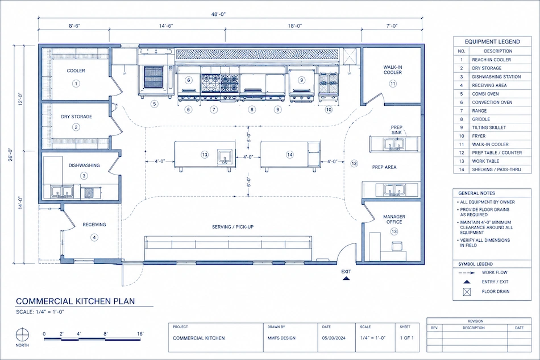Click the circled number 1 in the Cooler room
point(76,84)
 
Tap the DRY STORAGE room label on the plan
point(77,117)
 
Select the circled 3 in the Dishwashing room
point(84,176)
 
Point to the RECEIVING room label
point(94,225)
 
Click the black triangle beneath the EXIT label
point(346,278)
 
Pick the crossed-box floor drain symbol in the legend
point(467,292)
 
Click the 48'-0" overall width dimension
point(218,14)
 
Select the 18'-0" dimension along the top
point(295,26)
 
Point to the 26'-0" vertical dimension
point(11,155)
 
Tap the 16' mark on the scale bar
point(140,334)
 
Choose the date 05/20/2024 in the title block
point(334,338)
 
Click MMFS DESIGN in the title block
point(281,338)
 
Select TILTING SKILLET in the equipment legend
point(489,127)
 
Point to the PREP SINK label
point(396,130)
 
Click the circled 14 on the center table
point(290,155)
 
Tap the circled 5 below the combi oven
point(154,104)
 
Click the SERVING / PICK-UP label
point(233,227)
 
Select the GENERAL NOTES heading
point(476,193)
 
